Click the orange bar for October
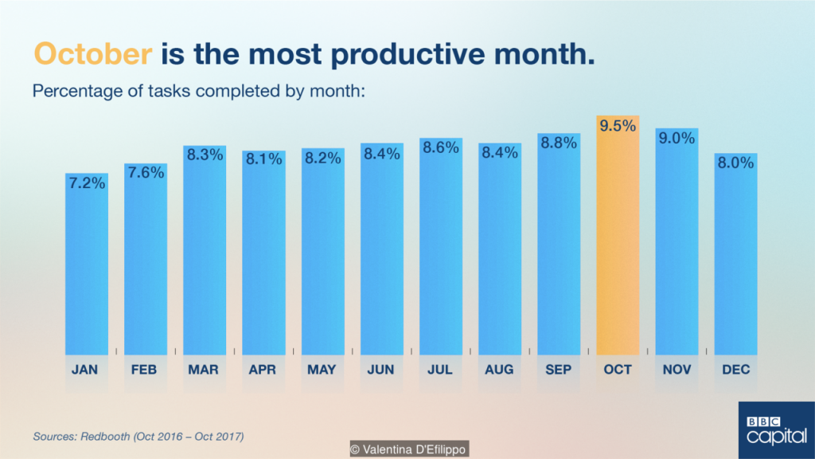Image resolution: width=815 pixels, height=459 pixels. point(618,235)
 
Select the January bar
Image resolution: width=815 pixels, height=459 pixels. point(87,264)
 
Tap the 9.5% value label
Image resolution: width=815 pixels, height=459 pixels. point(618,126)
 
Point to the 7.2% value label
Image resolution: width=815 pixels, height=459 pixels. point(87,183)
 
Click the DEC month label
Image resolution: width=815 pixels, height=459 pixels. point(736,370)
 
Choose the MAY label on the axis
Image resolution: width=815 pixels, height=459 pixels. point(322,370)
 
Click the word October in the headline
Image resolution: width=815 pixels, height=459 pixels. point(93,53)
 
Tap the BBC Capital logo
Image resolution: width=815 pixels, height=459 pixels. point(777,430)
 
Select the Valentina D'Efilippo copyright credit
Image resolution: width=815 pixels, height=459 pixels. point(409,449)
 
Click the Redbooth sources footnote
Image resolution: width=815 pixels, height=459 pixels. point(138,436)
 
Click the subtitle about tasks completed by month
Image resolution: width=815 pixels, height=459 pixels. point(198,91)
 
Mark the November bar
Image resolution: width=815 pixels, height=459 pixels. point(677,242)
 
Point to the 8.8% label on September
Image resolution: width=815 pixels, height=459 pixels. point(559,143)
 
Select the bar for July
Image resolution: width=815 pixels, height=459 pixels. point(441,247)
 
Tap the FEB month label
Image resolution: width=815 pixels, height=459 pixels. point(144,370)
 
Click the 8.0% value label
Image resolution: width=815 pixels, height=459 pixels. point(736,163)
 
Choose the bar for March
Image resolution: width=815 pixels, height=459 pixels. point(205,250)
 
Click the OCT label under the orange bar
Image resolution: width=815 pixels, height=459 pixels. point(618,370)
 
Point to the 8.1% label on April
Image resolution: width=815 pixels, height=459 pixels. point(264,159)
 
